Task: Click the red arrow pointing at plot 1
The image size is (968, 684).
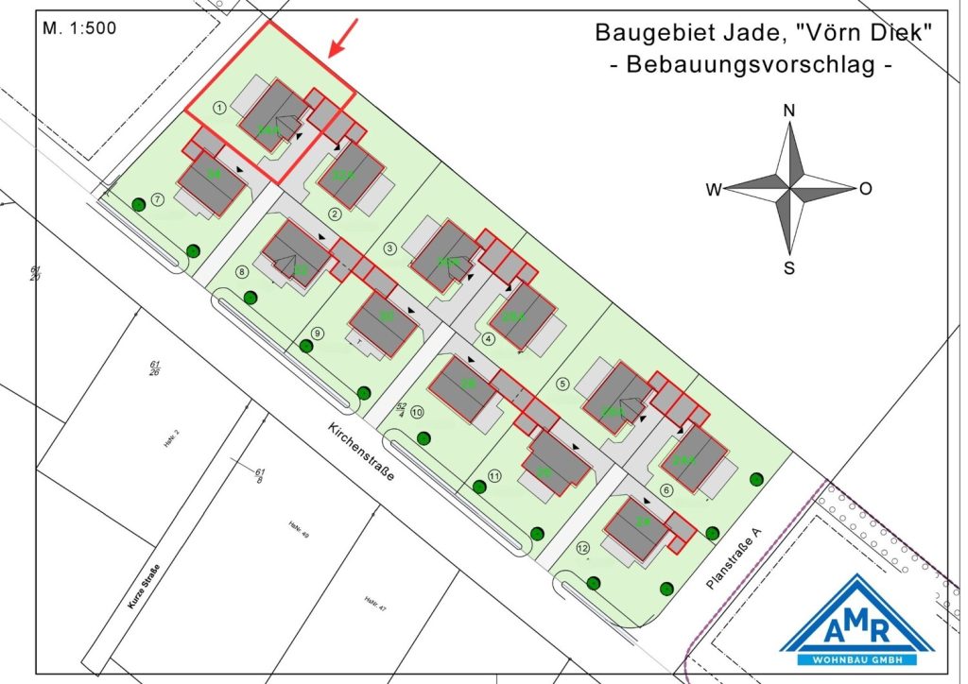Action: pos(342,40)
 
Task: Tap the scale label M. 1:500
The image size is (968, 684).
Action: pos(79,28)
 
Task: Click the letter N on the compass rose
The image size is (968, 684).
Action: pos(789,111)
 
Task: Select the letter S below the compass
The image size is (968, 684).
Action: pos(789,267)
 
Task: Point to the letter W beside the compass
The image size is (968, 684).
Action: pos(714,190)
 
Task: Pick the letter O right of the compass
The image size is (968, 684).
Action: pos(865,189)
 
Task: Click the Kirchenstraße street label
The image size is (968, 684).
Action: pos(359,453)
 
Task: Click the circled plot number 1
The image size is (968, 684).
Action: pos(219,109)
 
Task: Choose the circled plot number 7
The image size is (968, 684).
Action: pos(158,199)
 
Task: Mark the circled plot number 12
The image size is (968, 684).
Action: pos(583,548)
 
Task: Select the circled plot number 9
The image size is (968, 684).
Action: pos(318,333)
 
